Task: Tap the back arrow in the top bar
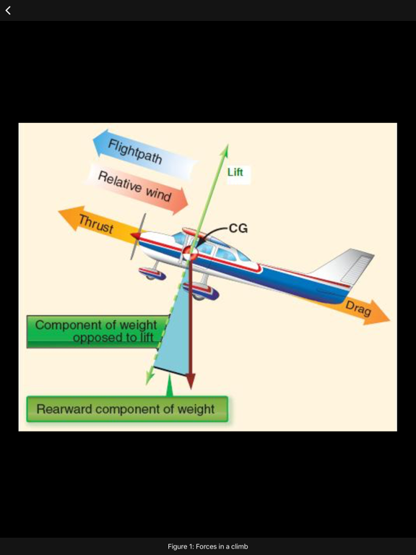point(8,10)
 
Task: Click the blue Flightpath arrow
point(145,155)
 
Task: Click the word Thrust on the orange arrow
point(96,224)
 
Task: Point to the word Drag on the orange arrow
point(358,309)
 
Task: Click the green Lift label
point(235,173)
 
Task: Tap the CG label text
point(238,228)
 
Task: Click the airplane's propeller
point(137,236)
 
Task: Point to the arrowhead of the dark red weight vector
point(191,382)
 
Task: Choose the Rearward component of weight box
point(127,409)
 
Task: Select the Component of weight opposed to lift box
point(96,331)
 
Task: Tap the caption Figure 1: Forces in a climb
point(208,546)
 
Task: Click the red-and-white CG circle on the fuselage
point(190,252)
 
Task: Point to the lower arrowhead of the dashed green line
point(150,378)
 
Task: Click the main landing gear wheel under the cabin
point(201,293)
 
